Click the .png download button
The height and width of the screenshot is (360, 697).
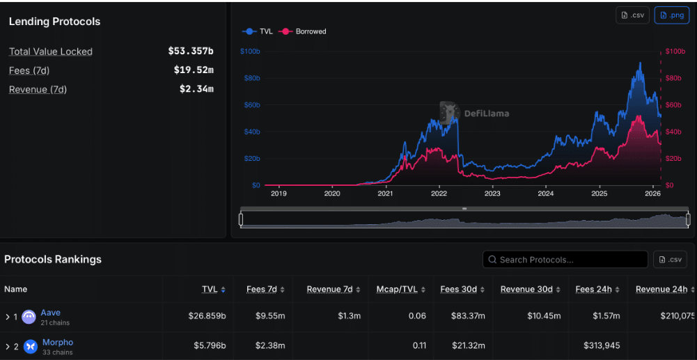pos(671,15)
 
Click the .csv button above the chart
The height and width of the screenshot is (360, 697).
pos(632,15)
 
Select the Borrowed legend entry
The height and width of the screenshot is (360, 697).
pos(303,31)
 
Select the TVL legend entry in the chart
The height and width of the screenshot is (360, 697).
pos(258,31)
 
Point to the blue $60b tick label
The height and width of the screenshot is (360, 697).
pos(251,105)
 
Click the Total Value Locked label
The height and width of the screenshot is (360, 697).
pos(51,52)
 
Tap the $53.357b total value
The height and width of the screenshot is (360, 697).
pos(191,52)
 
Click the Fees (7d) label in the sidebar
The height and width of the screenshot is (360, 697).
pos(29,70)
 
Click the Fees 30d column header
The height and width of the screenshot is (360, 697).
pos(460,290)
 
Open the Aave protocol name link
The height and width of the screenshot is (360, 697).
pos(51,313)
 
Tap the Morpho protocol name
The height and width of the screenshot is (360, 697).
pos(57,342)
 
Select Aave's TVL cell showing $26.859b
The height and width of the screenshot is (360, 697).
pos(207,316)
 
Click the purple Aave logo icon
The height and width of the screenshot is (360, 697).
pos(29,317)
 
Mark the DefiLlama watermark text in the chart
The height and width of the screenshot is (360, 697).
pos(487,113)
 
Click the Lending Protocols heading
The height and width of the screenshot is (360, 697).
pos(54,22)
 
